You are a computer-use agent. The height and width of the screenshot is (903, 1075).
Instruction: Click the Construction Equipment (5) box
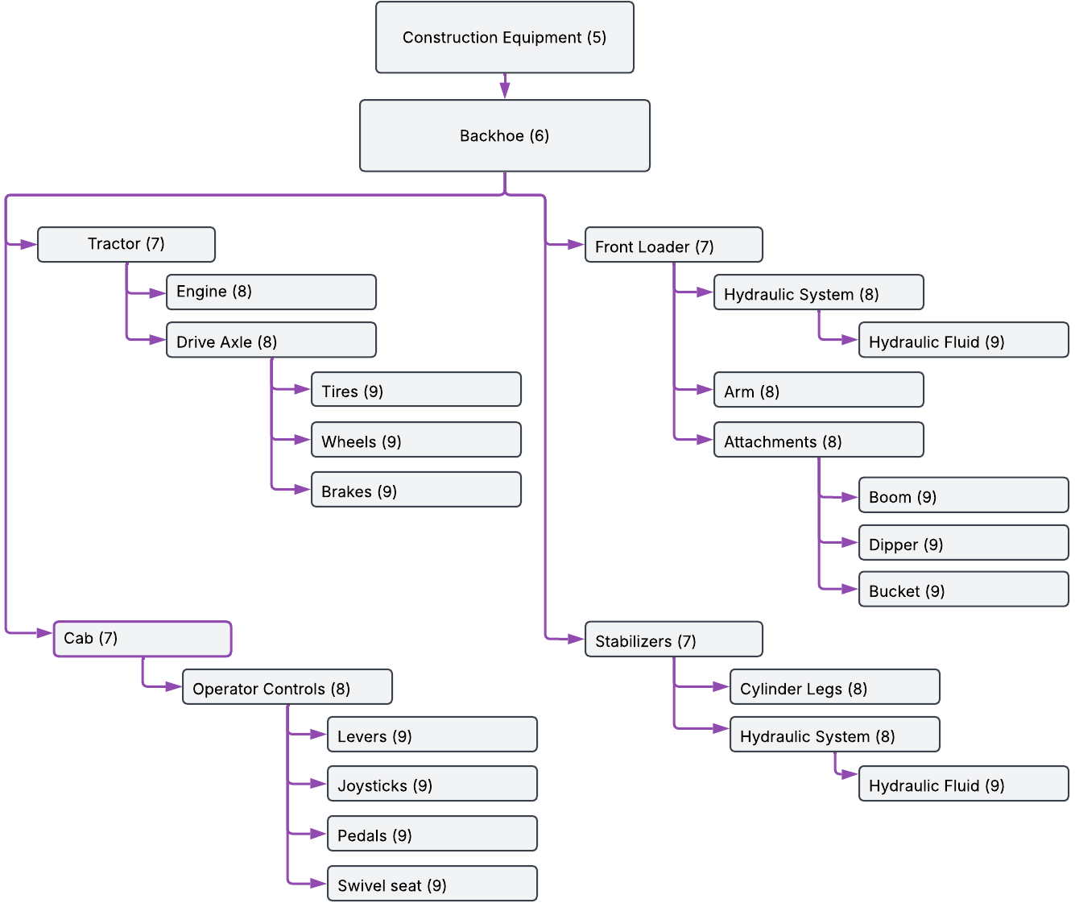504,38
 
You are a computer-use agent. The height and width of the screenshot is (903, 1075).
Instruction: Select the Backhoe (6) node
504,136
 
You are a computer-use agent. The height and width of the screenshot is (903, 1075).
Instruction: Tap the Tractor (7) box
126,244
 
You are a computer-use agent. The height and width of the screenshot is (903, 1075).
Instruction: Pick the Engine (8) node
271,292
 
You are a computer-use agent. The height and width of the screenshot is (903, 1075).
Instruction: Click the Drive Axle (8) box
271,340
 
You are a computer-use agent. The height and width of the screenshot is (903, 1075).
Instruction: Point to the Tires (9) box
416,390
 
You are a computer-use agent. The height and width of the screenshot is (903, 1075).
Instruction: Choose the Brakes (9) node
416,490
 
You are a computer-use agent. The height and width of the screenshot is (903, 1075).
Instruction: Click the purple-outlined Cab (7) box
142,639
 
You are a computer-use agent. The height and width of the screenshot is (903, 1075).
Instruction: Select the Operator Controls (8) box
287,687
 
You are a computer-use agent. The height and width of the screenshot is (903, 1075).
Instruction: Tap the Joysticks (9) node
432,784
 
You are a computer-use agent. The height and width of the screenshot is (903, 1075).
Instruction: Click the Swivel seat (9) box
432,884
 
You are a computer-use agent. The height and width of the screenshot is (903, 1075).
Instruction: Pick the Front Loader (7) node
673,245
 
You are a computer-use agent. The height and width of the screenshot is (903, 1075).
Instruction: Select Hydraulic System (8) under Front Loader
818,292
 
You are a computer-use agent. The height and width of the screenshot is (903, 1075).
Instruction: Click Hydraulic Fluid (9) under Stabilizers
963,784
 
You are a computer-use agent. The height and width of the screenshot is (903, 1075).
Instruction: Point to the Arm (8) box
818,390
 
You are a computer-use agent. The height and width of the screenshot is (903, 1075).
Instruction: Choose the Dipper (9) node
963,543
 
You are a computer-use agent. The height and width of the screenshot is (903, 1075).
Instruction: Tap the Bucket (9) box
963,590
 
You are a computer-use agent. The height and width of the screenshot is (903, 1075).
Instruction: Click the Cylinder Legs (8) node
834,687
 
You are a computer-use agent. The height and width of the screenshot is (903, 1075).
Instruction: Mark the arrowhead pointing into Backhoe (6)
505,92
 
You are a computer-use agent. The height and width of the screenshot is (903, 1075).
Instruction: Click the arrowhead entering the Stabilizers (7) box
576,639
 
